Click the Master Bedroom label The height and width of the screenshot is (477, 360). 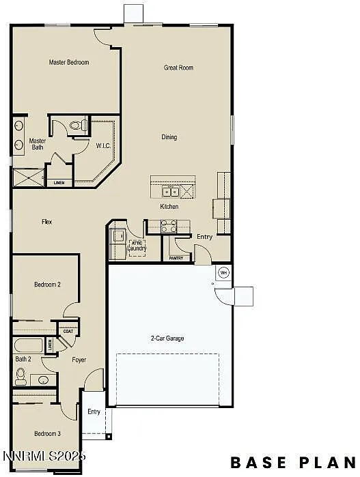[69, 62]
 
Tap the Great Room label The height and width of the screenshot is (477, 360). [178, 68]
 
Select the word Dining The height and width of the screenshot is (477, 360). [169, 137]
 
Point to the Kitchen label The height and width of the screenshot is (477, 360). [169, 207]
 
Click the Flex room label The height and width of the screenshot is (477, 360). [46, 222]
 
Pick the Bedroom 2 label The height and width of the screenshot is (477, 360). [48, 284]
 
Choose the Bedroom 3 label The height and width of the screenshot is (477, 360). [48, 433]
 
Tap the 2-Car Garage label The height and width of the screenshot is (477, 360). [167, 338]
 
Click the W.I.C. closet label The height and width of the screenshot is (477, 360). [103, 145]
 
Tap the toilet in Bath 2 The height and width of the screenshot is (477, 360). [20, 375]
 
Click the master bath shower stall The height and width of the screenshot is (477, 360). [27, 177]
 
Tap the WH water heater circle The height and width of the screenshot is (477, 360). [223, 273]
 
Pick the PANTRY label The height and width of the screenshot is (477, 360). [176, 259]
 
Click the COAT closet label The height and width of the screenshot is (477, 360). [67, 332]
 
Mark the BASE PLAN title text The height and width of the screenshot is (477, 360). [292, 462]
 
